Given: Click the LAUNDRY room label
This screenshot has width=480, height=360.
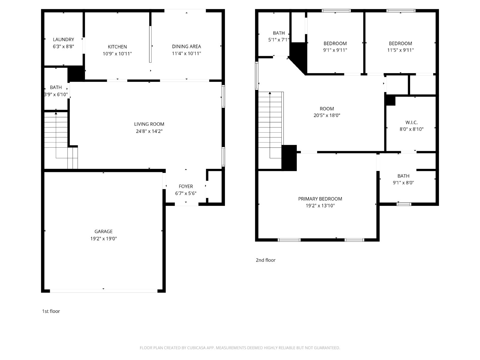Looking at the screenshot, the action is pyautogui.click(x=63, y=40).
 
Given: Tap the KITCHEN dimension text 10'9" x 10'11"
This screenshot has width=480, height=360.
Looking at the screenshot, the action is pyautogui.click(x=117, y=54).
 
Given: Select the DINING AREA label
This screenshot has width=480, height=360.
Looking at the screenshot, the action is pyautogui.click(x=186, y=46).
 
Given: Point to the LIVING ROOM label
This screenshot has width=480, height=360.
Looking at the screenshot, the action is pyautogui.click(x=149, y=124).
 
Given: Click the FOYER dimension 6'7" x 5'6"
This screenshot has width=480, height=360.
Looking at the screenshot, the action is pyautogui.click(x=186, y=193).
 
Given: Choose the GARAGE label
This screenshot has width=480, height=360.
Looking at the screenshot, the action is pyautogui.click(x=103, y=232).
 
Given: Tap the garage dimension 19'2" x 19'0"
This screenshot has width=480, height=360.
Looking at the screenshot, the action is pyautogui.click(x=103, y=239).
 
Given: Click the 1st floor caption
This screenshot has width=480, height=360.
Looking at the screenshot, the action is pyautogui.click(x=51, y=311).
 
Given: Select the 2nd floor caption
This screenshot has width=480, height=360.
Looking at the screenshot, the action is pyautogui.click(x=265, y=260).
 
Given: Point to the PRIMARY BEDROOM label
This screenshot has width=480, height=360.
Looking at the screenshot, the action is pyautogui.click(x=320, y=199).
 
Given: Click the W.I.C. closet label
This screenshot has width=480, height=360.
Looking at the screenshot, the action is pyautogui.click(x=411, y=122).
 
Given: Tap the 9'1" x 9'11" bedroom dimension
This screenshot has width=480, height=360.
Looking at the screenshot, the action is pyautogui.click(x=335, y=50).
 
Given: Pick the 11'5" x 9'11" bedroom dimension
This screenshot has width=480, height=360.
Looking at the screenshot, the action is pyautogui.click(x=400, y=50).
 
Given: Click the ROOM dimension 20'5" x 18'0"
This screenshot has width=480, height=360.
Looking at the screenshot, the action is pyautogui.click(x=327, y=115).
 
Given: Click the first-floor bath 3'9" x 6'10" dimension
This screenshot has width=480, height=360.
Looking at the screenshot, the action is pyautogui.click(x=56, y=94).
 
